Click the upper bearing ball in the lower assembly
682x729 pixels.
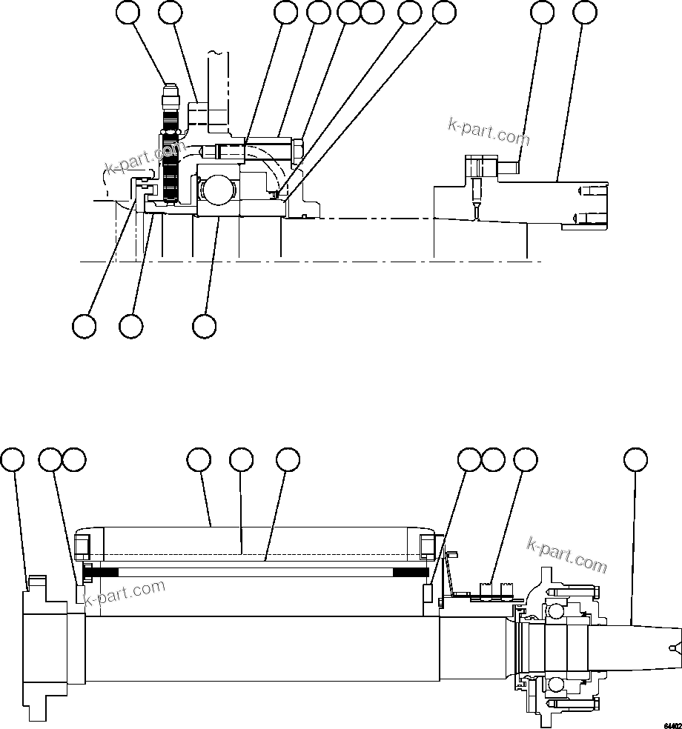click(552, 610)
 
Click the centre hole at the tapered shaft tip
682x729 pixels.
click(672, 649)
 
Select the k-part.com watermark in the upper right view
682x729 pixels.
click(489, 132)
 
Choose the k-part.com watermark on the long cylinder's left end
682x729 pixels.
click(125, 593)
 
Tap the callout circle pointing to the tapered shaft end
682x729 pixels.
click(635, 459)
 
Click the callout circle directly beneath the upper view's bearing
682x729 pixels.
click(204, 325)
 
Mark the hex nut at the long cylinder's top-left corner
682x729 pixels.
click(82, 545)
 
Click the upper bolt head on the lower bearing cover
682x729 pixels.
click(595, 591)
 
